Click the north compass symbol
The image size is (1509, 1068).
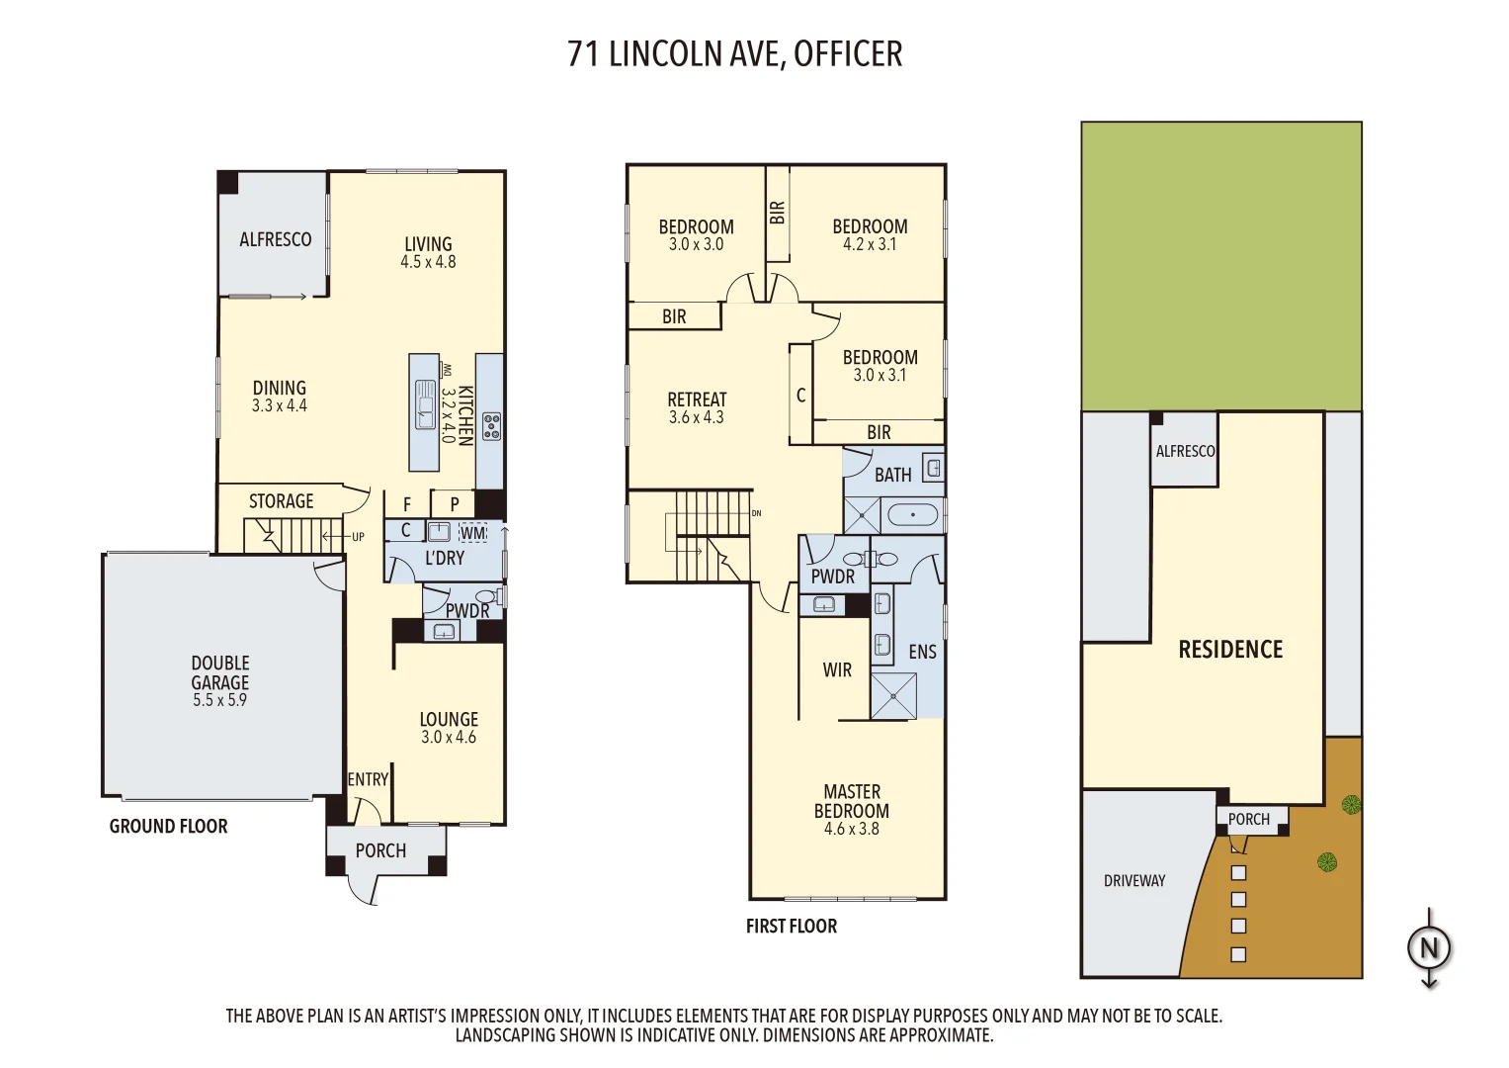click(x=1429, y=948)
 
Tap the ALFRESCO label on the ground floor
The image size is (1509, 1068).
click(x=275, y=239)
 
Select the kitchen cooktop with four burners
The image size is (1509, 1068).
click(x=491, y=426)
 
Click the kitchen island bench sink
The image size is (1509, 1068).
click(x=425, y=404)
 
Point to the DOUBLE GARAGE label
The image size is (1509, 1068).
click(x=220, y=672)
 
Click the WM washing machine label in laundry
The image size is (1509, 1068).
click(x=473, y=533)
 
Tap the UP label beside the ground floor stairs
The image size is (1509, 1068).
click(x=358, y=537)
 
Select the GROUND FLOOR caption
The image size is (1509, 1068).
click(x=168, y=827)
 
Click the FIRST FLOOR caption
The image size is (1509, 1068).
click(x=791, y=927)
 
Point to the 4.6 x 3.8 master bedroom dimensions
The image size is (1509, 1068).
click(x=851, y=830)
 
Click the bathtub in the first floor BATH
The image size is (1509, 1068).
click(x=912, y=515)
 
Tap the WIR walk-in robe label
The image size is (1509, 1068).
click(x=837, y=670)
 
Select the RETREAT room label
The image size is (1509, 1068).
click(x=697, y=400)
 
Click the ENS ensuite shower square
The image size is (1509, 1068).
click(x=893, y=696)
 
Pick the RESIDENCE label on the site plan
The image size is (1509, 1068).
click(x=1230, y=650)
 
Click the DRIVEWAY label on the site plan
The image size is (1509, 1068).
click(x=1134, y=881)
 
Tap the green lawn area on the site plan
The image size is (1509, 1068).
click(x=1221, y=267)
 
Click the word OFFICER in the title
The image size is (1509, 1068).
click(x=848, y=54)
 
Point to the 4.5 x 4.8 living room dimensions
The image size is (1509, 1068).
click(x=428, y=262)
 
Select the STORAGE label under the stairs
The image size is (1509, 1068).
click(x=281, y=501)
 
